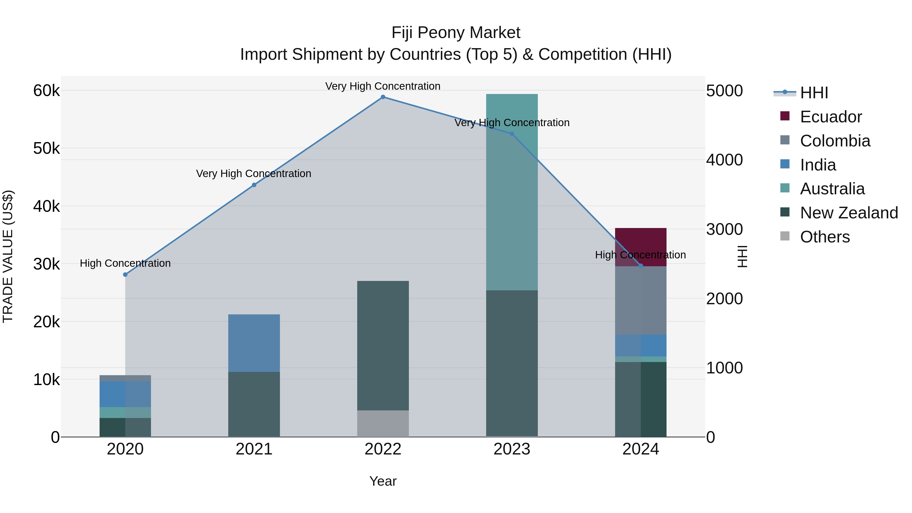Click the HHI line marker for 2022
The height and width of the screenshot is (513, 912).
tap(383, 97)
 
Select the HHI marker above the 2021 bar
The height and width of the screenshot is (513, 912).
tap(254, 185)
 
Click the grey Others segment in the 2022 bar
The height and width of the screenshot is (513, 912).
tap(383, 423)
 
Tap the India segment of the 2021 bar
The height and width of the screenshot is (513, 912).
tap(254, 343)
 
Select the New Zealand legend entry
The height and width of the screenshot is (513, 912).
tap(848, 213)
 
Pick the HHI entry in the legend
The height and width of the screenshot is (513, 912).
tap(813, 93)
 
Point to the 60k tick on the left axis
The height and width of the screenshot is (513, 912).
tap(46, 91)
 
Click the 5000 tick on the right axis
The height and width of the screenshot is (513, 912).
tap(724, 91)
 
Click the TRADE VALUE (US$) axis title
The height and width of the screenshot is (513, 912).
tap(8, 256)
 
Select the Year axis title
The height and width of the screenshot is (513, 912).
tap(383, 481)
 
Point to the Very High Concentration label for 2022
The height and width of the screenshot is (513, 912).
tap(383, 86)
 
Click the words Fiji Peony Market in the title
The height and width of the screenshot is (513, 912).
tap(456, 33)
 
